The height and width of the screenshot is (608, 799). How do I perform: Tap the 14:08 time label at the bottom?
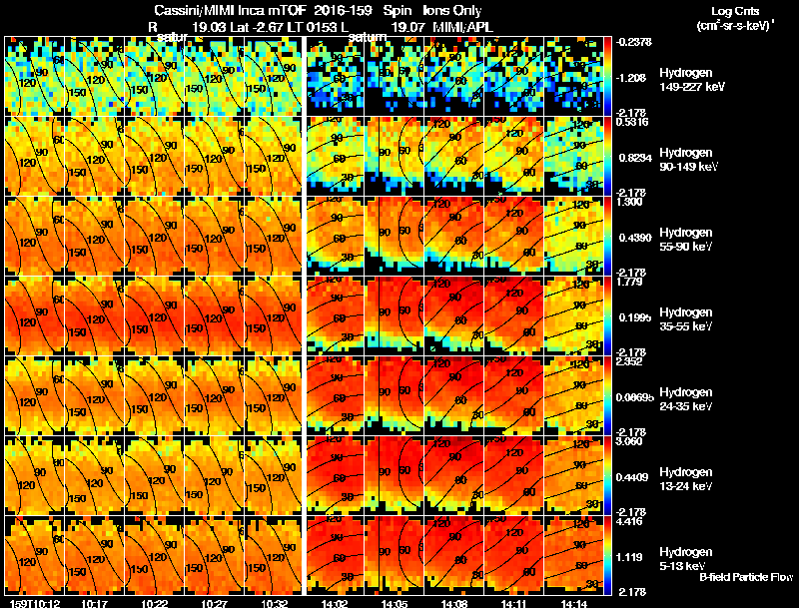[455, 602]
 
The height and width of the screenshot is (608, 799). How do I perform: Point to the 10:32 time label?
[273, 602]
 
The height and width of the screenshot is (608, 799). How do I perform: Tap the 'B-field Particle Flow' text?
[746, 577]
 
